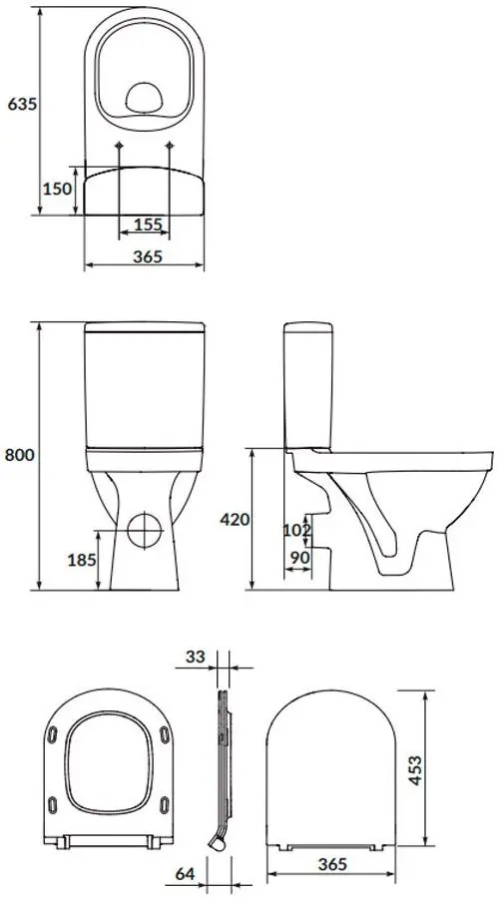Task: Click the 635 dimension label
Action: pyautogui.click(x=20, y=105)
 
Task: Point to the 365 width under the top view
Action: pyautogui.click(x=146, y=255)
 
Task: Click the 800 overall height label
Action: pyautogui.click(x=19, y=455)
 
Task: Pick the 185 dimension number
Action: pyautogui.click(x=83, y=560)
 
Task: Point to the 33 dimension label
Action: pyautogui.click(x=196, y=657)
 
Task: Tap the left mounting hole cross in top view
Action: pyautogui.click(x=120, y=149)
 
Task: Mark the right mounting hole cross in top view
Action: pyautogui.click(x=172, y=149)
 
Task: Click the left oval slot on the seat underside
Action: pyautogui.click(x=52, y=737)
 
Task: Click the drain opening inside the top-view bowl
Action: pyautogui.click(x=146, y=97)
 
